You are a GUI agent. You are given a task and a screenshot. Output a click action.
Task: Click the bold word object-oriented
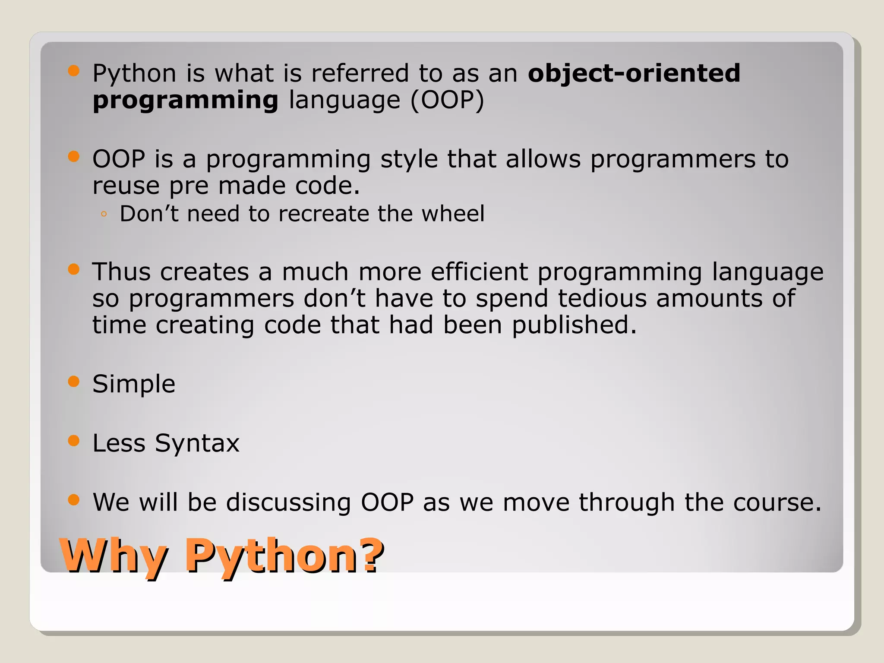pos(634,73)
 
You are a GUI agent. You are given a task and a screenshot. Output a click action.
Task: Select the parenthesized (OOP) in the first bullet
pos(447,100)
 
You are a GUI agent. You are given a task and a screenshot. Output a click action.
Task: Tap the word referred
pos(360,73)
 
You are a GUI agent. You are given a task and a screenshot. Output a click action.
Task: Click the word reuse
pos(126,186)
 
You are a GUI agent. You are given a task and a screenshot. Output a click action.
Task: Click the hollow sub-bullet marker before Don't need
pos(104,214)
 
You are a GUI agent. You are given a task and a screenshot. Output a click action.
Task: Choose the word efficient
pos(479,272)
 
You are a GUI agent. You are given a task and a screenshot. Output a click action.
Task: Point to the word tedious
pos(602,298)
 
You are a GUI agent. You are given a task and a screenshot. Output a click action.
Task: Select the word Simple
pos(134,384)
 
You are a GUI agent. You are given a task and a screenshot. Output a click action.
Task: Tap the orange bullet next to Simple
pos(74,382)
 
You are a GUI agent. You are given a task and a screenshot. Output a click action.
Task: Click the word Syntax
pos(197,443)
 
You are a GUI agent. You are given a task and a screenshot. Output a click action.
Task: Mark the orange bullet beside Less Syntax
pos(74,441)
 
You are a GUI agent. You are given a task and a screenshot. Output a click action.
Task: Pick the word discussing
pos(288,502)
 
